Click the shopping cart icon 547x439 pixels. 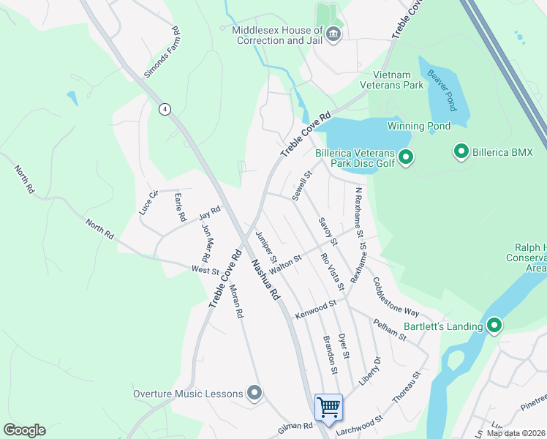[328, 406]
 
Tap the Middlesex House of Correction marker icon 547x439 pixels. [333, 34]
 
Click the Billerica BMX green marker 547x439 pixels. [461, 151]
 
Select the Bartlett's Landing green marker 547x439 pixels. [494, 326]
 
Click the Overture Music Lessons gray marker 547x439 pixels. [254, 394]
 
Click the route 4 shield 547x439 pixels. [165, 109]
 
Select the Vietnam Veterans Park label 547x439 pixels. [399, 80]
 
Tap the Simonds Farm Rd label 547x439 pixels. [159, 53]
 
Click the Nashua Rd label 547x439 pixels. [265, 279]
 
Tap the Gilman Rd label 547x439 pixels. [295, 426]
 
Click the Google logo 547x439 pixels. [24, 430]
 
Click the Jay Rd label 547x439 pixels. [209, 214]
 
